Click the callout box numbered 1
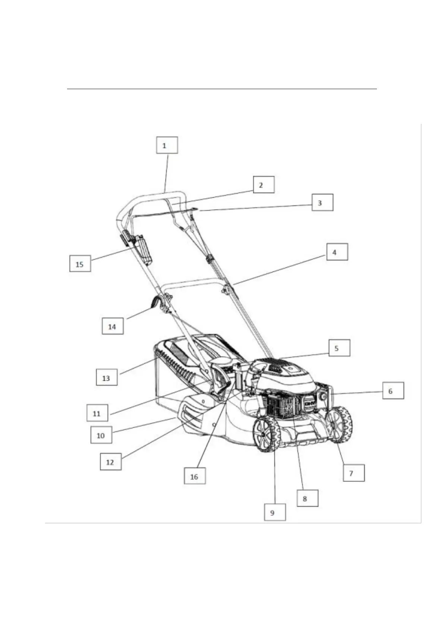[167, 145]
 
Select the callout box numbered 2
[263, 185]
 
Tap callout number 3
[322, 203]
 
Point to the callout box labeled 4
[337, 252]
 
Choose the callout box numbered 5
[339, 348]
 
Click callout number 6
[393, 391]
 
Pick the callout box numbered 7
[353, 473]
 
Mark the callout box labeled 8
[307, 498]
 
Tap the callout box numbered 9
[275, 512]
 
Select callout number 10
[101, 435]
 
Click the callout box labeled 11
[97, 413]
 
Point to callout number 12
[110, 462]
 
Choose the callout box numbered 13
[106, 377]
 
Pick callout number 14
[112, 326]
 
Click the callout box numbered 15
[80, 264]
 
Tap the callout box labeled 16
[195, 476]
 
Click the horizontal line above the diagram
[222, 89]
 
